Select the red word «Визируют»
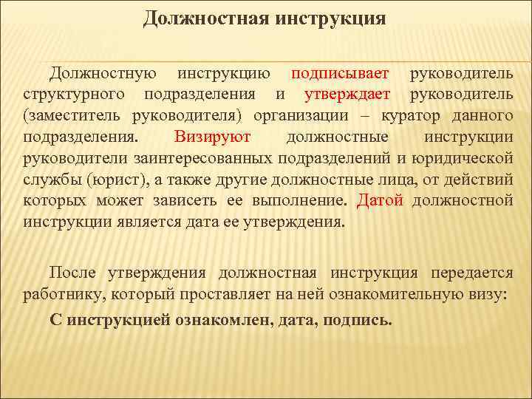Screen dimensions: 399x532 point(213,137)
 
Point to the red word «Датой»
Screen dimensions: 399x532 point(381,201)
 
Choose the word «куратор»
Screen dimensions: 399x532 point(423,117)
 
